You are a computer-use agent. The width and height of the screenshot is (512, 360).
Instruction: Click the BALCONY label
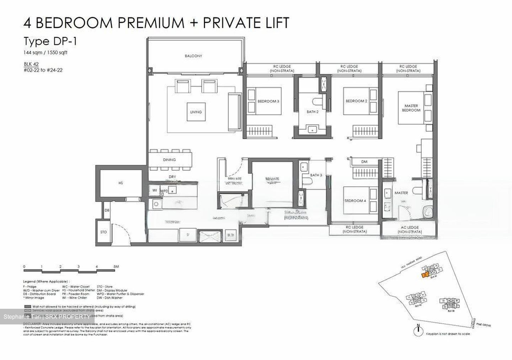coord(193,56)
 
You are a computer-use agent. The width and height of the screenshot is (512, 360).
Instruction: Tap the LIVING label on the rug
coord(196,112)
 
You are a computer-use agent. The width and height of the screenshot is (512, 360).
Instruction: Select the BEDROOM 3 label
coord(268,101)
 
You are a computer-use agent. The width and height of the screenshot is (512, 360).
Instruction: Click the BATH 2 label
coord(312,112)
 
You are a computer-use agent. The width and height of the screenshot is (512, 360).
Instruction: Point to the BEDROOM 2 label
coord(356,101)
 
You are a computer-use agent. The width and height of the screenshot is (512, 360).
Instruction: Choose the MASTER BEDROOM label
coord(411,108)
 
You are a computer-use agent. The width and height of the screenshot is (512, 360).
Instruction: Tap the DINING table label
coord(169,160)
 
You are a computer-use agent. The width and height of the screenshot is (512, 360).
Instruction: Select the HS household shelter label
coord(121,183)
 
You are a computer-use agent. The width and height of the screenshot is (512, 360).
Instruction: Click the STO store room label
coord(103,232)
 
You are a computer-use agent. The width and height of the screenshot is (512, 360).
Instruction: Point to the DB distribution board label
coord(107,210)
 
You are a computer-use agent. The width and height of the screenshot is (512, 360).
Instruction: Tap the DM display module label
coord(364,162)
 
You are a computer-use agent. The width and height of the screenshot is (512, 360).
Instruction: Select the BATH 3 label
coord(316,175)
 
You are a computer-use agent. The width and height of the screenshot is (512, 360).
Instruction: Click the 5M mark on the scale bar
coord(116,266)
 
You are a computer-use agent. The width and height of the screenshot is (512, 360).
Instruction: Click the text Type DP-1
coord(50,41)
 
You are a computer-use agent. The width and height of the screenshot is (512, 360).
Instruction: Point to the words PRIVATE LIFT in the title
coord(246,23)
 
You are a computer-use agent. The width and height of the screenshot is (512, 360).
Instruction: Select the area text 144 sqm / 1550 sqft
coord(46,53)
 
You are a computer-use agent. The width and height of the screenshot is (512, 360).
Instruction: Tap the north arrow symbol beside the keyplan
coord(420,331)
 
